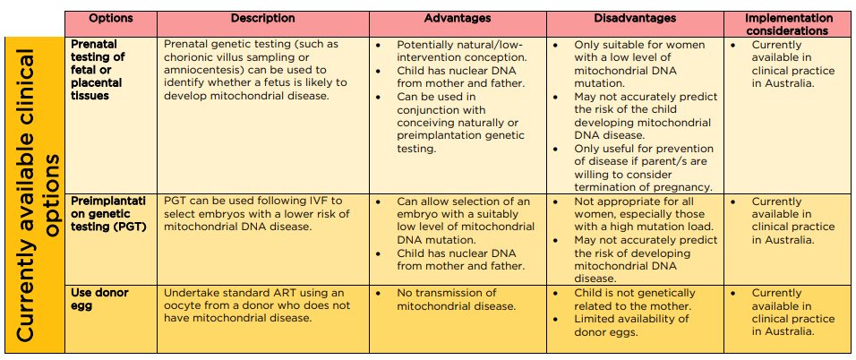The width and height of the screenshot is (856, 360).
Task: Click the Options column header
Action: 111,18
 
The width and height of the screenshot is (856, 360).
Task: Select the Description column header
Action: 262,18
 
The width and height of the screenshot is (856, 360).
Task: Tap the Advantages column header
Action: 457,18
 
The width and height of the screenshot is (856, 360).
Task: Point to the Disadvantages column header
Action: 634,18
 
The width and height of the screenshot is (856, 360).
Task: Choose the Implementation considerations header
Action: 788,24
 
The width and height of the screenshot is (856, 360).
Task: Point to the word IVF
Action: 320,201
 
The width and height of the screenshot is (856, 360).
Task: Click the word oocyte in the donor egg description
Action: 184,306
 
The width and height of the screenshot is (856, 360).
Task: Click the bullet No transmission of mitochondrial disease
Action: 455,299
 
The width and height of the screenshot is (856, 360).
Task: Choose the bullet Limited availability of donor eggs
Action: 631,326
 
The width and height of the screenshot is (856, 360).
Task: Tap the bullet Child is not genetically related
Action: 634,299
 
